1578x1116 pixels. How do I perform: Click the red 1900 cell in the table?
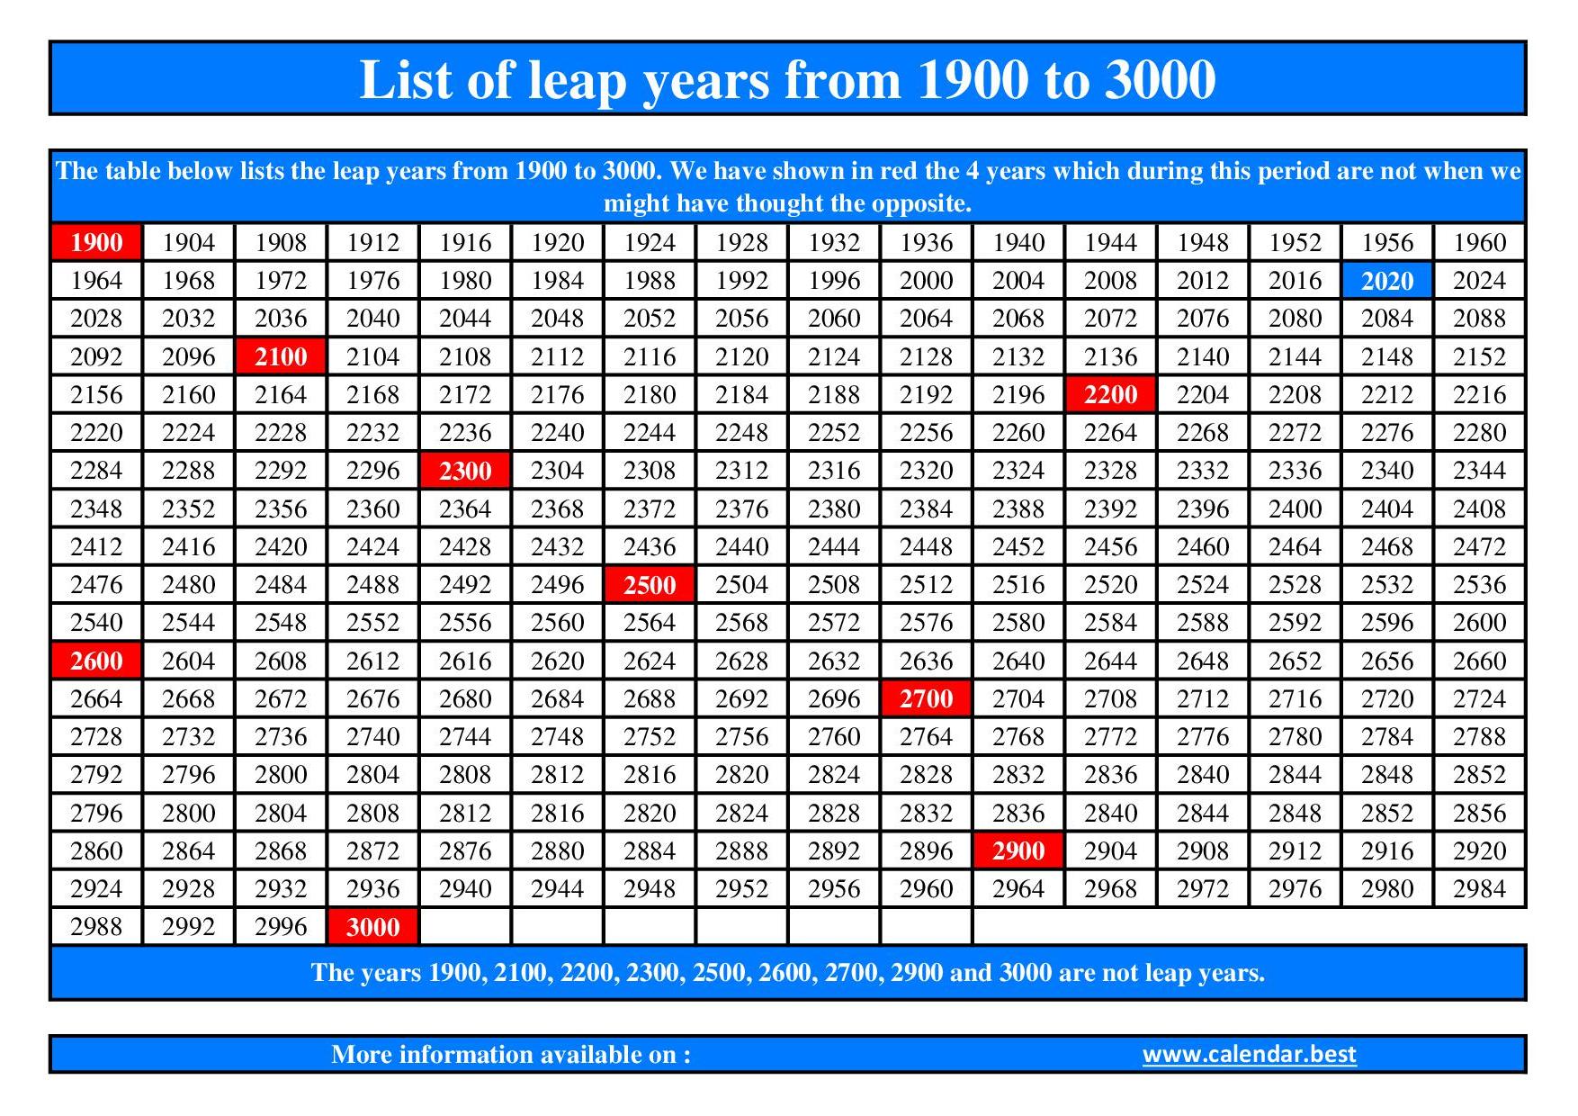click(96, 242)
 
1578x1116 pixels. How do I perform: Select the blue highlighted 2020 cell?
click(1386, 281)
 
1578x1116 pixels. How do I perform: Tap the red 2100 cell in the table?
click(281, 356)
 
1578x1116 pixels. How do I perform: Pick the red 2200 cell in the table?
click(1110, 394)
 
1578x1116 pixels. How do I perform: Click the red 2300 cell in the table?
click(465, 471)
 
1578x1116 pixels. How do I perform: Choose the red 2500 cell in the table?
click(650, 585)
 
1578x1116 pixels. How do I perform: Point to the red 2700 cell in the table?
click(926, 698)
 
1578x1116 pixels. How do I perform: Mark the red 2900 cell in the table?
click(1018, 850)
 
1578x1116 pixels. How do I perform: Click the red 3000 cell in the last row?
click(372, 927)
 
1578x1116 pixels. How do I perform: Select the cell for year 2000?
click(926, 281)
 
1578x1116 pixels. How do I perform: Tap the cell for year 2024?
click(1479, 281)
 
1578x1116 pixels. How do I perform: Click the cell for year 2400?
click(1295, 508)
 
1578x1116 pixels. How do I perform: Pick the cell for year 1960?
click(1479, 242)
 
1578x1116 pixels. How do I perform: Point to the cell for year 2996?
click(281, 927)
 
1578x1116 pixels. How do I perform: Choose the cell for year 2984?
click(1479, 889)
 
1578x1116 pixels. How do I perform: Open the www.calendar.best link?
click(1249, 1054)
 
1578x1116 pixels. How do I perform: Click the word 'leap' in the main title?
click(576, 81)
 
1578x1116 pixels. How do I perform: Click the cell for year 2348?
click(96, 508)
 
